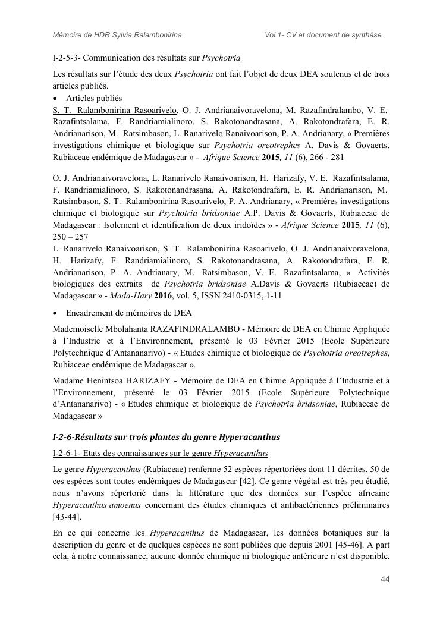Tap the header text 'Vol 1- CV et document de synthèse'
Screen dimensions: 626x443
click(x=323, y=35)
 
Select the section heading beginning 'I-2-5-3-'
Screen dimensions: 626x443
click(x=146, y=58)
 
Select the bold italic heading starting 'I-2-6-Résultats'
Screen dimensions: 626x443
click(x=166, y=437)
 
